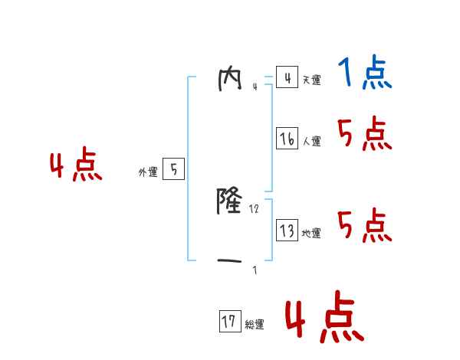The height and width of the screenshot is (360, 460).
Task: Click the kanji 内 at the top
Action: [x=231, y=79]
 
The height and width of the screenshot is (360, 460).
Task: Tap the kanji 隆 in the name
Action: [x=231, y=202]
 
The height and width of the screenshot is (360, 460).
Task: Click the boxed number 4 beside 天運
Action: [x=287, y=77]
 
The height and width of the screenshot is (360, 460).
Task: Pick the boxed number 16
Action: [x=287, y=139]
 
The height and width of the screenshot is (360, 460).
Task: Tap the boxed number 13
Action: [x=287, y=231]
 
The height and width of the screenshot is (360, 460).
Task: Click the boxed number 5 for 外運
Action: [x=173, y=169]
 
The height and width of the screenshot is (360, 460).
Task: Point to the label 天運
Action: [x=311, y=80]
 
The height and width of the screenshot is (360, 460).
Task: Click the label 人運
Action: [x=311, y=141]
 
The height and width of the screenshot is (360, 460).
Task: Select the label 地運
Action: [x=311, y=233]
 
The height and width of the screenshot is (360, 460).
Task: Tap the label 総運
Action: [x=255, y=325]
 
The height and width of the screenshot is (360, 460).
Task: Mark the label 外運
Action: [x=148, y=172]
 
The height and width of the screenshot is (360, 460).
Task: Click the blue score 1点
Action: [x=365, y=74]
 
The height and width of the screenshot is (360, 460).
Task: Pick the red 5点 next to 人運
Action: [x=365, y=135]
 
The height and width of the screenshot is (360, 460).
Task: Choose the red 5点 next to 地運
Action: [x=365, y=226]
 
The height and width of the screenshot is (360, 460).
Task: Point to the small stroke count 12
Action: [x=255, y=208]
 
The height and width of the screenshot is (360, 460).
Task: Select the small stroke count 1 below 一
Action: [x=255, y=270]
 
